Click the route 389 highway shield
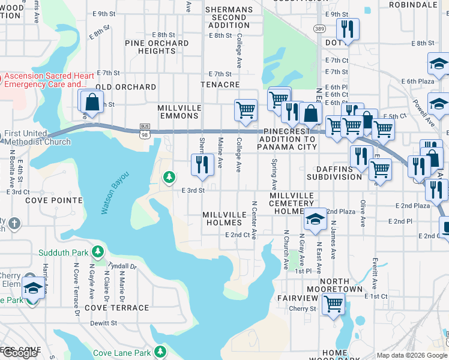coord(320,28)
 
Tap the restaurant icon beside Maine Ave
coord(202,164)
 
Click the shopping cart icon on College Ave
coord(246,110)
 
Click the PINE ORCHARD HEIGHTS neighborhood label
coord(157,47)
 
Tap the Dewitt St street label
coord(104,323)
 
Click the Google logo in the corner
coord(20,353)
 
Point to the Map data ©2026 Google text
coord(412,355)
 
